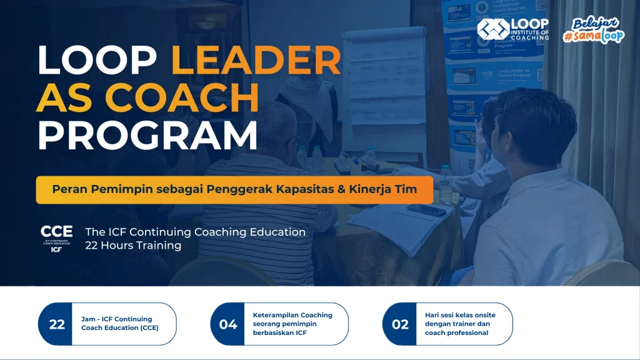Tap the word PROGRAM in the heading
point(147,136)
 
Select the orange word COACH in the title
point(182,99)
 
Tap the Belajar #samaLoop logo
point(593,29)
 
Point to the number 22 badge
point(56,324)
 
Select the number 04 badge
point(228,324)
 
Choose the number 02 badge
point(400,324)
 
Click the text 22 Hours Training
point(133,246)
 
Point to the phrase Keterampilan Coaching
point(292,315)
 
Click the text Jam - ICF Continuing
point(117,319)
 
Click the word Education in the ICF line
point(276,232)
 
